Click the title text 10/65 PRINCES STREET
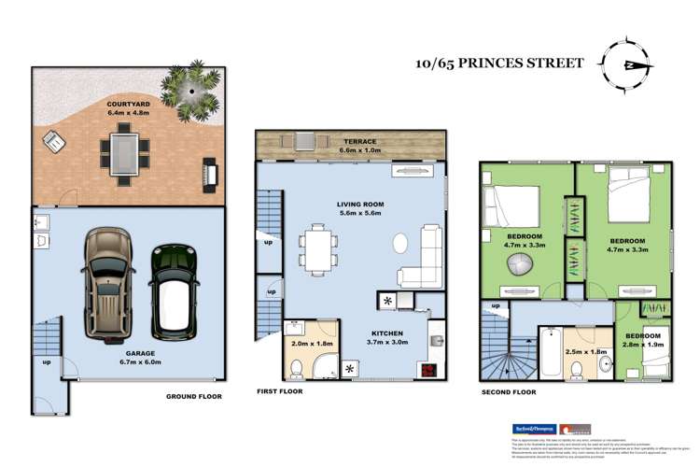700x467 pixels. (499, 64)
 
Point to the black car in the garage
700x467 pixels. (175, 290)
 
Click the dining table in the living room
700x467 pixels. (315, 249)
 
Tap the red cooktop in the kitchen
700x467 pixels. (429, 369)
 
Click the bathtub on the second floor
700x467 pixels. (549, 354)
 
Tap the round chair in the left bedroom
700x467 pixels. (519, 265)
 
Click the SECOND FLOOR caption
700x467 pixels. (510, 393)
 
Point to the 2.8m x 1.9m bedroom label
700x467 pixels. (643, 340)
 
